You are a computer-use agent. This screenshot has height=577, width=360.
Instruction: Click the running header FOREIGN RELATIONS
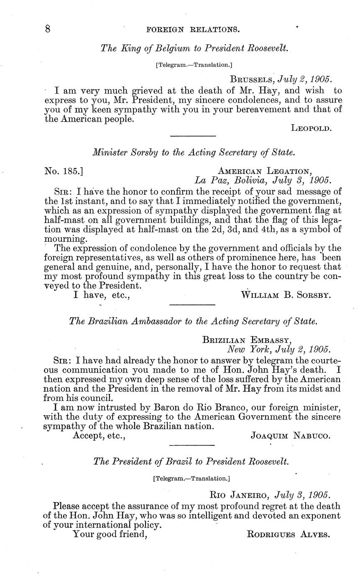tap(193, 30)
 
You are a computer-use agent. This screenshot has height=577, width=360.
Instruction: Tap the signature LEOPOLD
tap(311, 129)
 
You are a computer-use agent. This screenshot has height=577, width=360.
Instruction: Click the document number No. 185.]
tap(65, 171)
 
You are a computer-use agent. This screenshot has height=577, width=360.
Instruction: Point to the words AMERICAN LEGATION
tap(265, 171)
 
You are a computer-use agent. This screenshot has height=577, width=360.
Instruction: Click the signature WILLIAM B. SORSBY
tap(286, 295)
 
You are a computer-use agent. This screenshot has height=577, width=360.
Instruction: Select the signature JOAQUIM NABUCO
tap(290, 436)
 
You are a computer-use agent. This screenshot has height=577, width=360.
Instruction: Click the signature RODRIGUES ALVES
tap(289, 534)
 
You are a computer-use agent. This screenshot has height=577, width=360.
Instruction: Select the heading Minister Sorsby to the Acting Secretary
tap(194, 153)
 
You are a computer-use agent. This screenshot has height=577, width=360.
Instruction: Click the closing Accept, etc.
tap(100, 436)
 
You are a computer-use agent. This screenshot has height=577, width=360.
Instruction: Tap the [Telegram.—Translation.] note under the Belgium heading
tap(194, 65)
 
